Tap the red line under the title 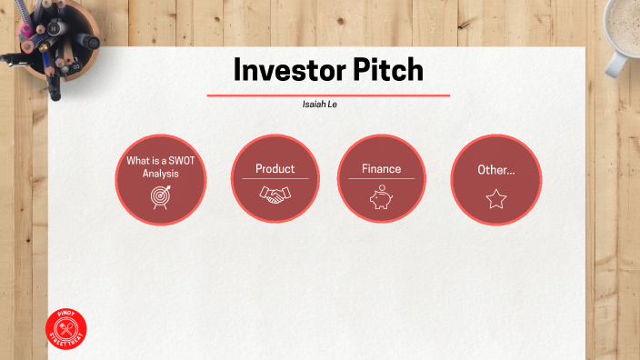pos(328,95)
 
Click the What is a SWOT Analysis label pos(159,166)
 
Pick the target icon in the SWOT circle pos(160,195)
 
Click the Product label pos(275,169)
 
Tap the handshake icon pos(275,194)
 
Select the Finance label pos(381,169)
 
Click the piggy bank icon pos(381,197)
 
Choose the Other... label pos(495,170)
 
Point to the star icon pos(495,198)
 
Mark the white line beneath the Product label pos(275,179)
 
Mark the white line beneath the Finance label pos(381,179)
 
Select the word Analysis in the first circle pos(159,173)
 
